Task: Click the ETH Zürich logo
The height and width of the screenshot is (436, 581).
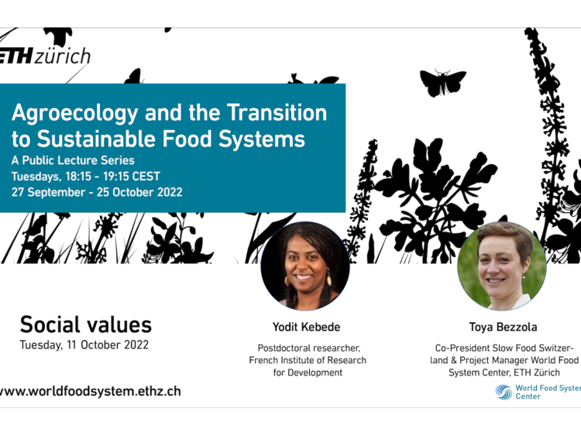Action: (44, 57)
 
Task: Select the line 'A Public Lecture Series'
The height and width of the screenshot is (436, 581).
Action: (73, 160)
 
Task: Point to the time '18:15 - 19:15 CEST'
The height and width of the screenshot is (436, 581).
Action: (113, 177)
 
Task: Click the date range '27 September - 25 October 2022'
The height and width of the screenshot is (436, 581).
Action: (97, 192)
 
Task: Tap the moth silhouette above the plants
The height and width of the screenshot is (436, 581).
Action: (443, 82)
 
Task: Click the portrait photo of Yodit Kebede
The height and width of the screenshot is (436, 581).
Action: (305, 266)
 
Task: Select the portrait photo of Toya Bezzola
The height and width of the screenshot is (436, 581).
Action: (502, 266)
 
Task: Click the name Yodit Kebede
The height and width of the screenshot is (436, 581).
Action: (307, 327)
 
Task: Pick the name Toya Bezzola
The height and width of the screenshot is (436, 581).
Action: (504, 327)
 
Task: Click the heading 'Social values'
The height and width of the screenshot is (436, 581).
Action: (85, 324)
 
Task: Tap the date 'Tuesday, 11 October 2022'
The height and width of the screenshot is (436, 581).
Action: (84, 345)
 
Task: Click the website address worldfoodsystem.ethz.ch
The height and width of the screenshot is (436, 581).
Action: (91, 391)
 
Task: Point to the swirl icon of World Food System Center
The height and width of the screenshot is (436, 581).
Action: (504, 392)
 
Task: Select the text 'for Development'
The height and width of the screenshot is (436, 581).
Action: (308, 372)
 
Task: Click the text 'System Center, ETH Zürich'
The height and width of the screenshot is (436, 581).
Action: (504, 372)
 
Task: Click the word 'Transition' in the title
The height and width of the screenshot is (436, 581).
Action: (277, 112)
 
